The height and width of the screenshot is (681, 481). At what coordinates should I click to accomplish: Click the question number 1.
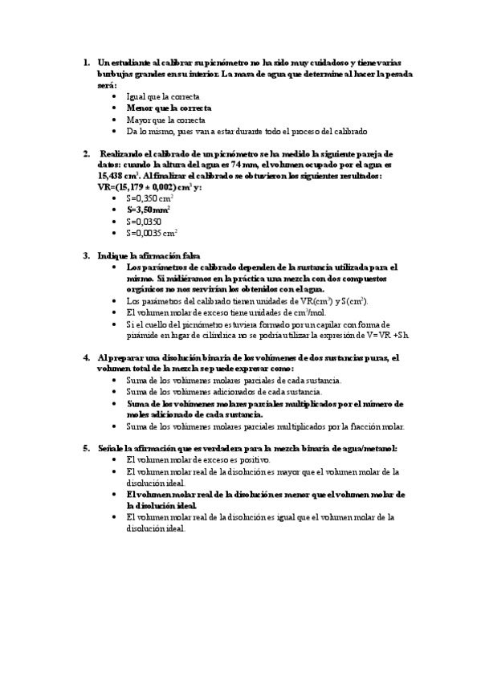86,63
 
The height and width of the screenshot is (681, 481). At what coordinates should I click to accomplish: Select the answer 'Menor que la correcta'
169,108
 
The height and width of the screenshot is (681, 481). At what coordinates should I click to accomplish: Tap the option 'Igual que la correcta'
164,96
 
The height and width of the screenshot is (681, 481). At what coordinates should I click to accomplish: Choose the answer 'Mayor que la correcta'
166,119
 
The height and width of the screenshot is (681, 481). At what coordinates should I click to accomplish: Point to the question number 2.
86,153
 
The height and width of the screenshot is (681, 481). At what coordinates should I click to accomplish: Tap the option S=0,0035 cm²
153,233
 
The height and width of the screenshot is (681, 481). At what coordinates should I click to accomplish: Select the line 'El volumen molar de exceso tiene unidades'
219,312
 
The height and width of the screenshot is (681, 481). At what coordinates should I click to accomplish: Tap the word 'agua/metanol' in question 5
370,448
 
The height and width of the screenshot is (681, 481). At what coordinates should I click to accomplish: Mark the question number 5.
86,448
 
